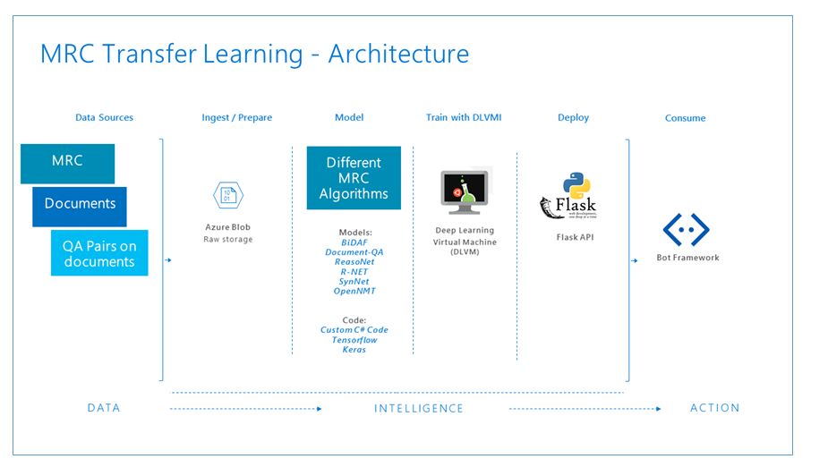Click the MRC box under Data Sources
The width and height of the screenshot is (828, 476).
click(68, 162)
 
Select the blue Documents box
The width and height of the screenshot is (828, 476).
click(80, 204)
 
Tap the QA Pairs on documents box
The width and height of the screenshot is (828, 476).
click(99, 253)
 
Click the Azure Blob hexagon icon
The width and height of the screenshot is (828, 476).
click(227, 196)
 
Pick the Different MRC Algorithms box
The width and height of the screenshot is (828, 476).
click(354, 178)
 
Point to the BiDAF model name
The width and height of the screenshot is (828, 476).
click(354, 242)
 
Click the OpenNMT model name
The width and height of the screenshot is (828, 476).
click(354, 291)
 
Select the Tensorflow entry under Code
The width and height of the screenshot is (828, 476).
click(354, 340)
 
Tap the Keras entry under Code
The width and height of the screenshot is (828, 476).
click(354, 350)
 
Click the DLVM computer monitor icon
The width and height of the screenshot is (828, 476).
click(465, 191)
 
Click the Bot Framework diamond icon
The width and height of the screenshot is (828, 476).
click(686, 230)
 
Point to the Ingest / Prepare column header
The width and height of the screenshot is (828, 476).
click(237, 117)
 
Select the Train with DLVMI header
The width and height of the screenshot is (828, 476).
click(464, 117)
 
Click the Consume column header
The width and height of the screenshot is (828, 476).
click(686, 118)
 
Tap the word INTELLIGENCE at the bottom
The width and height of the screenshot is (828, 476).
click(419, 408)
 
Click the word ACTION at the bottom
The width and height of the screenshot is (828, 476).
click(714, 408)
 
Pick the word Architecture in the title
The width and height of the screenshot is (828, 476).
click(398, 55)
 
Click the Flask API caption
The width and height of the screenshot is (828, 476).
click(575, 237)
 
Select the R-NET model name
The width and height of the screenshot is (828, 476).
click(354, 272)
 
